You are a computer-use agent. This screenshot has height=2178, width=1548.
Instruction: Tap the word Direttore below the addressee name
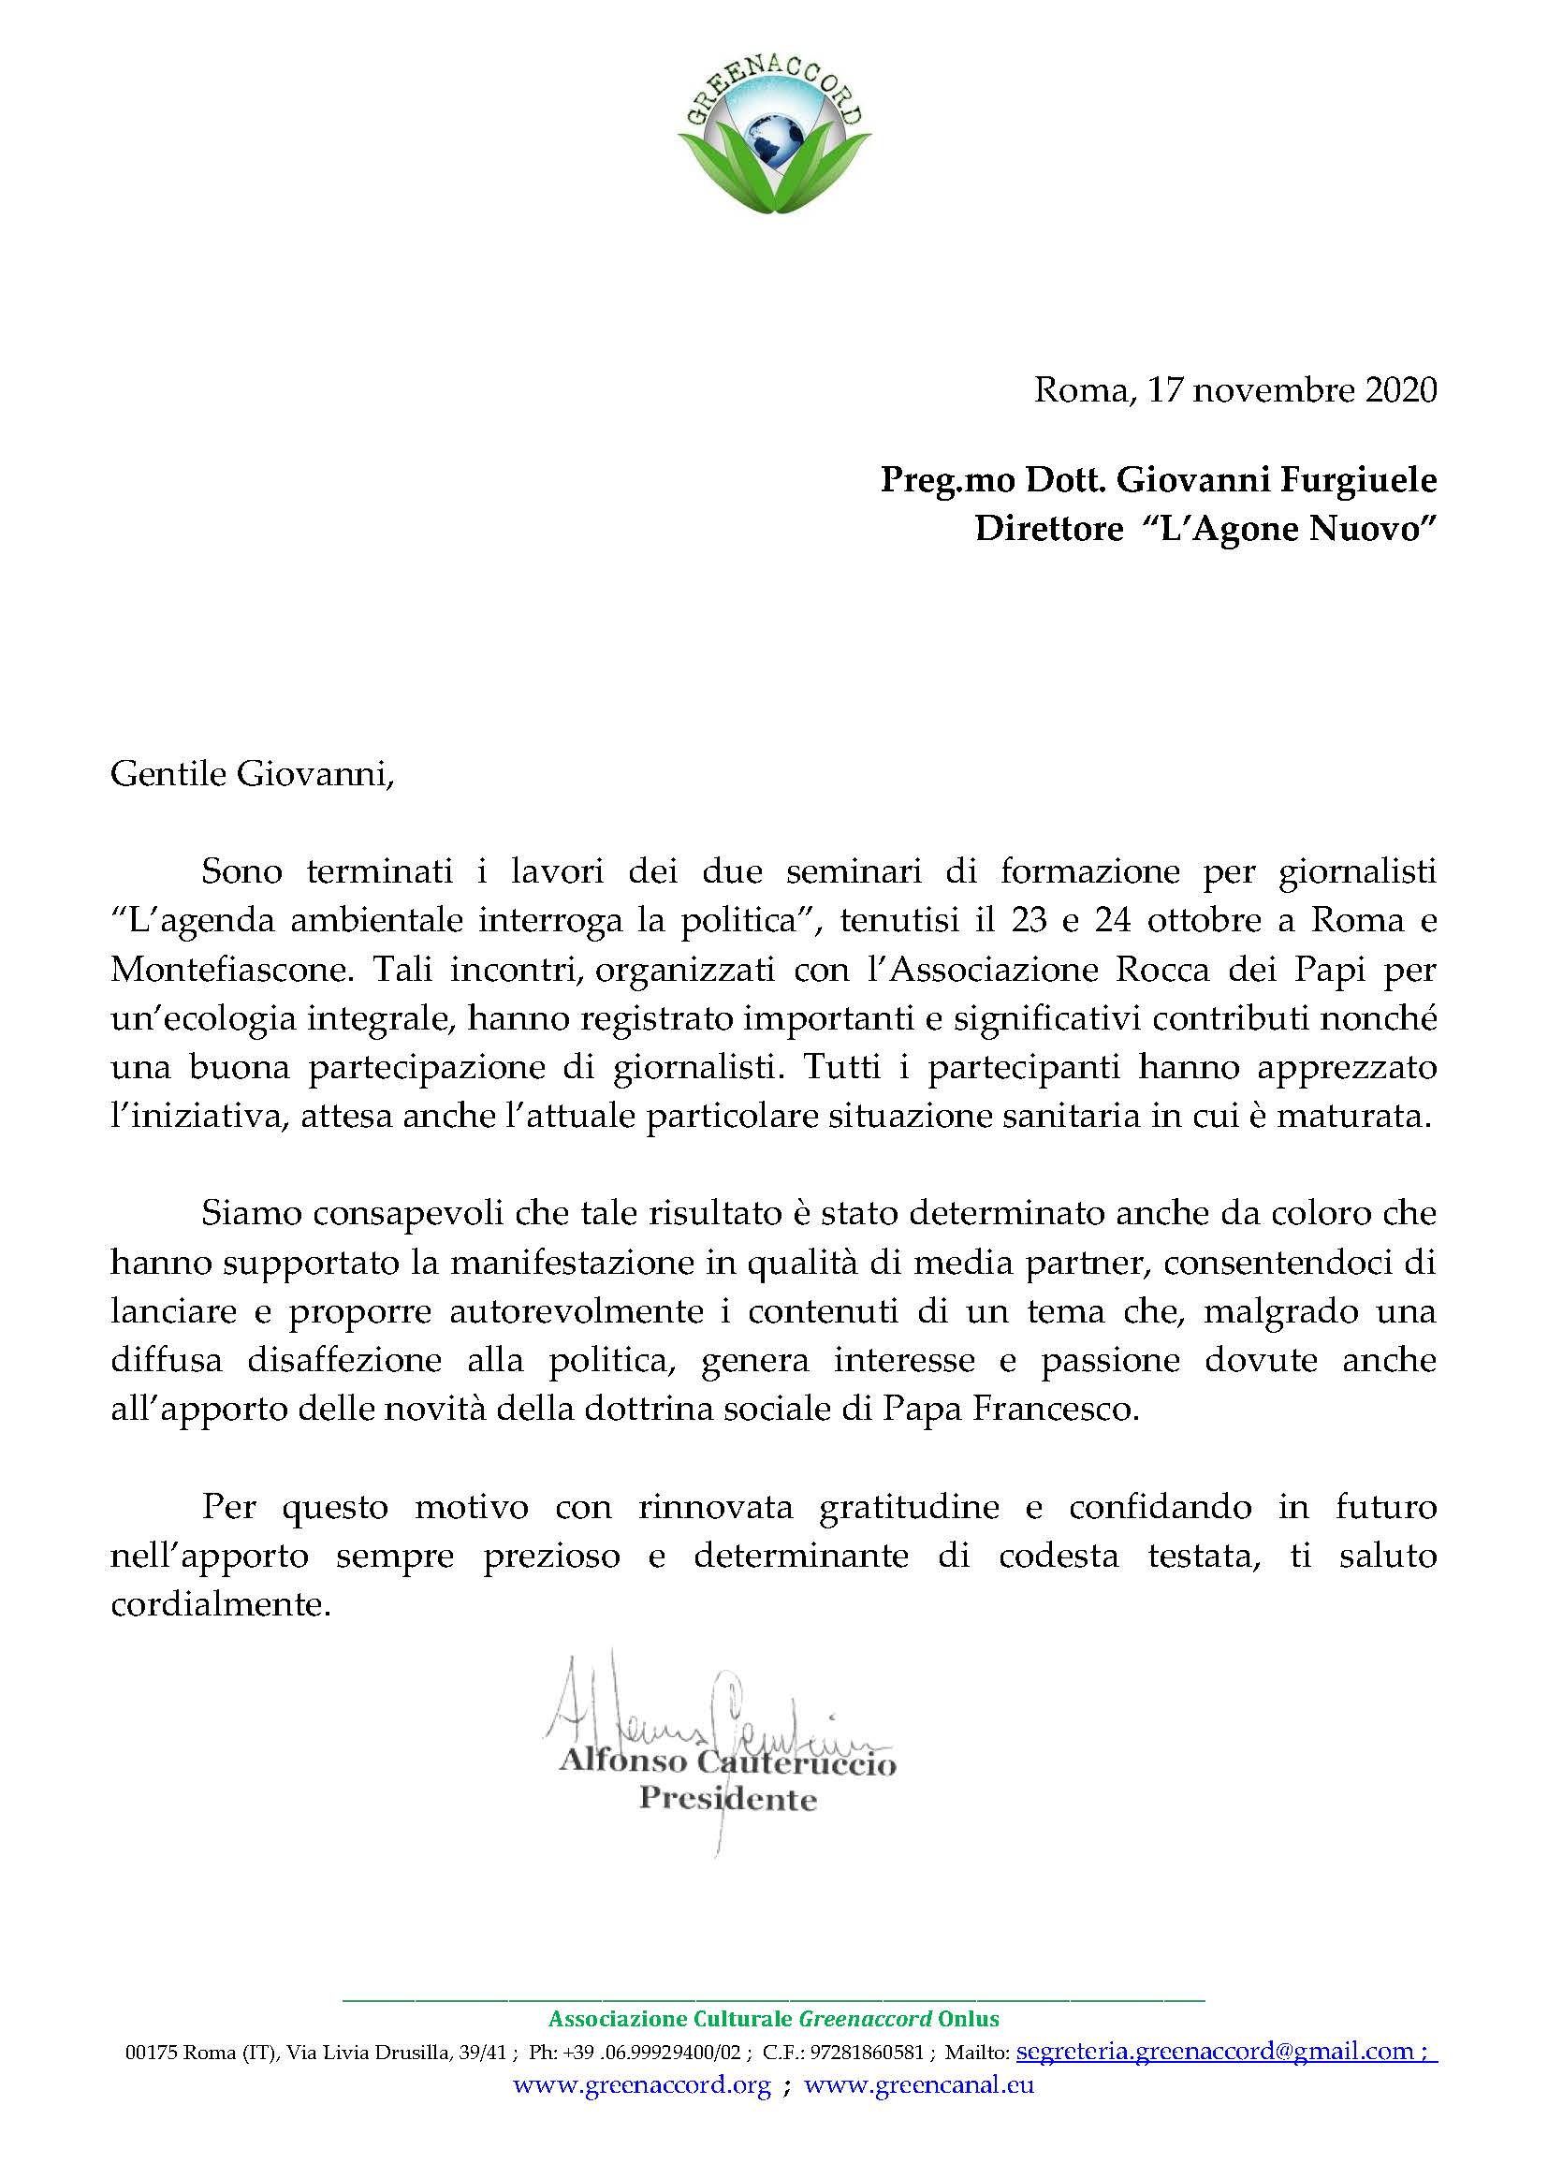[x=1048, y=528]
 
